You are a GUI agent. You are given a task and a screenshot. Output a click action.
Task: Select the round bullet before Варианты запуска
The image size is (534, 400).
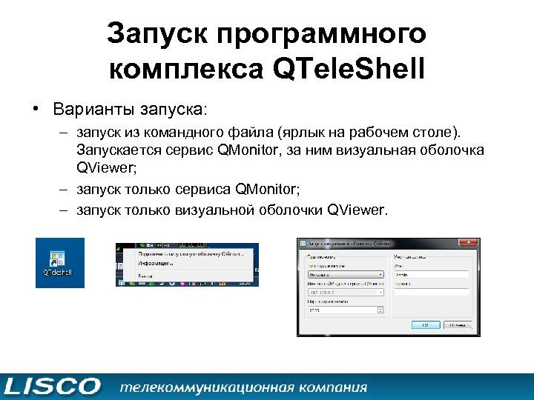click(35, 110)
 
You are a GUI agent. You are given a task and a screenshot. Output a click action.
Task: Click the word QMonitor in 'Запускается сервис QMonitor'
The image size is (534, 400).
click(253, 150)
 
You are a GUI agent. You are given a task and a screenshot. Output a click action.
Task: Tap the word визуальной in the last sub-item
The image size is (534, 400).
click(215, 210)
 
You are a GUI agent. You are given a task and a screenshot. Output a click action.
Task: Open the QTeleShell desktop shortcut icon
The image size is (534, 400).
click(60, 261)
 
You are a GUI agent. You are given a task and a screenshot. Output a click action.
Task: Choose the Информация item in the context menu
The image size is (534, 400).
click(154, 263)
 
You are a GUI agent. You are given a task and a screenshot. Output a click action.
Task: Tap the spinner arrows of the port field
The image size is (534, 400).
click(381, 310)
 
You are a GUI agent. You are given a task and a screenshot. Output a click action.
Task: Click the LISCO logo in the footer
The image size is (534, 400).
click(50, 386)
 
